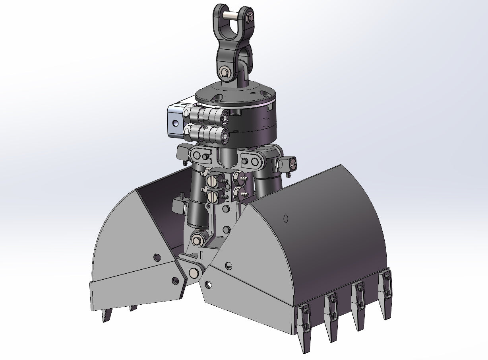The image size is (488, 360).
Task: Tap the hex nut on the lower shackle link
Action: [x=224, y=72]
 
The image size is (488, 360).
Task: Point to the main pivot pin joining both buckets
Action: [x=194, y=273]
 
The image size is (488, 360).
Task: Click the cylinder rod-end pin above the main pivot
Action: [x=196, y=240]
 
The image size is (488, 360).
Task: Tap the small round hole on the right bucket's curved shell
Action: [x=285, y=218]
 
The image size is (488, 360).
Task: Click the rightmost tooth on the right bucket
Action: [x=386, y=294]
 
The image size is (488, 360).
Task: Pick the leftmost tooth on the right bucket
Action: [x=305, y=328]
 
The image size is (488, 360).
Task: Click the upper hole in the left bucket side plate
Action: [x=157, y=257]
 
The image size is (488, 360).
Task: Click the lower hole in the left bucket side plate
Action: [x=175, y=281]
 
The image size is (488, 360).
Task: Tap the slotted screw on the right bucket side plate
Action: [x=228, y=265]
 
